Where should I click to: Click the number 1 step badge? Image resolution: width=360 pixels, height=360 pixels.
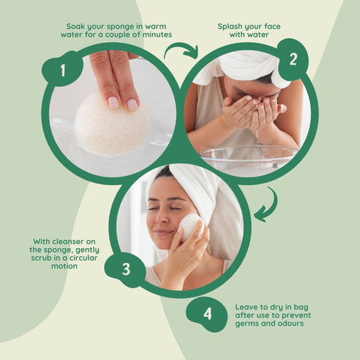point(62,70)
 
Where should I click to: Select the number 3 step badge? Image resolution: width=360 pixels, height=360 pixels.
point(125,269)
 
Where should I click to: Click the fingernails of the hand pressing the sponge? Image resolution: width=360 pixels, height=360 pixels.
point(122,103)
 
